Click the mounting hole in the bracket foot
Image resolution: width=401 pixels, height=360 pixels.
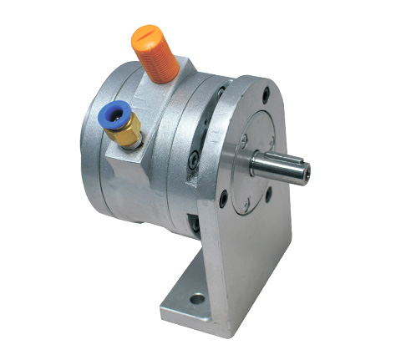tap(197, 297)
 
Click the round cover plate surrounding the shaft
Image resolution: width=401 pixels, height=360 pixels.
tap(259, 142)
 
